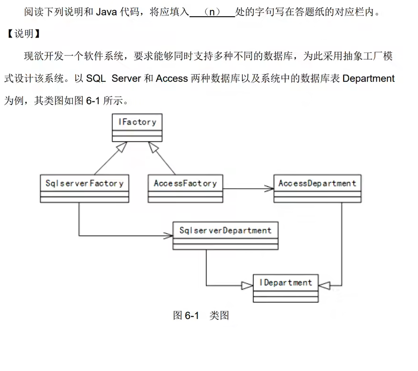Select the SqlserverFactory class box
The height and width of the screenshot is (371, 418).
coord(84,188)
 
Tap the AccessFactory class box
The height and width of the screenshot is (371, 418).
coord(185,188)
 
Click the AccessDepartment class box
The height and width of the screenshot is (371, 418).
coord(317,188)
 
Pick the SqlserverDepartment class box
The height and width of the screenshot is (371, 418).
coord(226,235)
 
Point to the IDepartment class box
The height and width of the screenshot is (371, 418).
coord(285,288)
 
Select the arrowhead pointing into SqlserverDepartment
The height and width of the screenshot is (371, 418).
coord(168,236)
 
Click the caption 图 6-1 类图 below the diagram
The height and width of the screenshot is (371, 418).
coord(201,316)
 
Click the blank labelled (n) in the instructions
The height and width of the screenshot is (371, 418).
coord(212,12)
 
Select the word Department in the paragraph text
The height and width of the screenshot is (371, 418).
coord(368,79)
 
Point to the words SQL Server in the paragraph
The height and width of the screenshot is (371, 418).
coord(113,79)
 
